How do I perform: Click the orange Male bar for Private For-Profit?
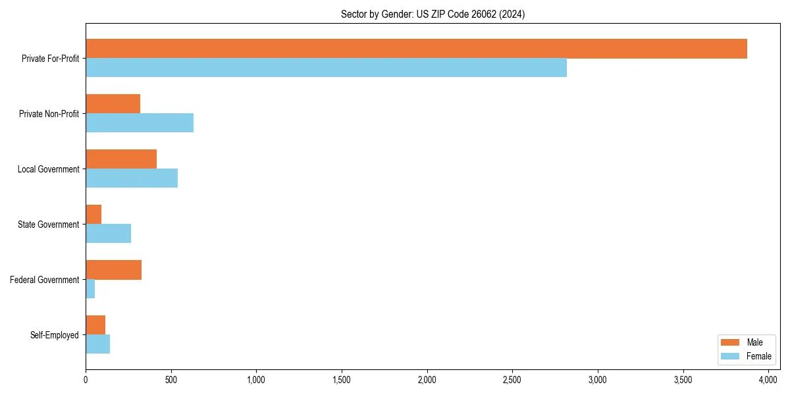416,49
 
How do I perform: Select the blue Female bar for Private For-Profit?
326,68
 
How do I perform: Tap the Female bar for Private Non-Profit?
140,123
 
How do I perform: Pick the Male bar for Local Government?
121,159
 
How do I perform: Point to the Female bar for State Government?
108,234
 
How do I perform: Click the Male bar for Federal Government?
113,270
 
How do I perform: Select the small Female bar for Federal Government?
90,289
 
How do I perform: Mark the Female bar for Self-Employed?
97,344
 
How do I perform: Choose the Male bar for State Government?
93,215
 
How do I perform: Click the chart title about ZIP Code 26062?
433,14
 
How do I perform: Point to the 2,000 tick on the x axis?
427,380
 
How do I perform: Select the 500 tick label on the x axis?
171,380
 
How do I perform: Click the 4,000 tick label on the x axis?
768,380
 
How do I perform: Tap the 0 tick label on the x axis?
86,380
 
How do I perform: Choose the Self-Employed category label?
54,335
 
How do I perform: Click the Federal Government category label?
44,280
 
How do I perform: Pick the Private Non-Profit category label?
49,114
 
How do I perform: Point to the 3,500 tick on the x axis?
683,380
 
